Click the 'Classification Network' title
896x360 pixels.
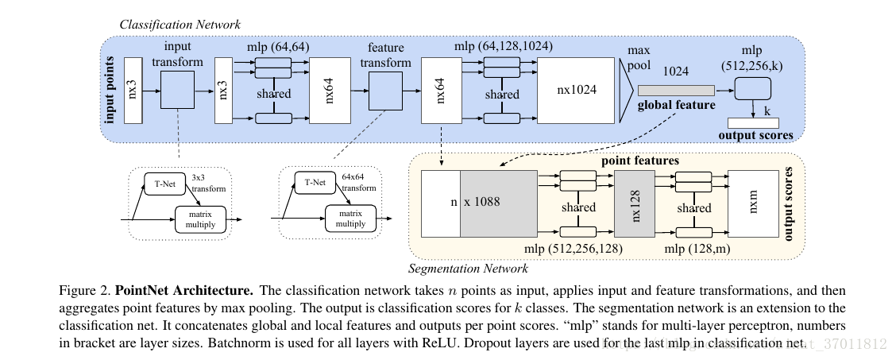point(180,25)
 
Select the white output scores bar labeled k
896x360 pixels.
point(754,122)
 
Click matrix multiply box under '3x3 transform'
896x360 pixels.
point(200,219)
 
